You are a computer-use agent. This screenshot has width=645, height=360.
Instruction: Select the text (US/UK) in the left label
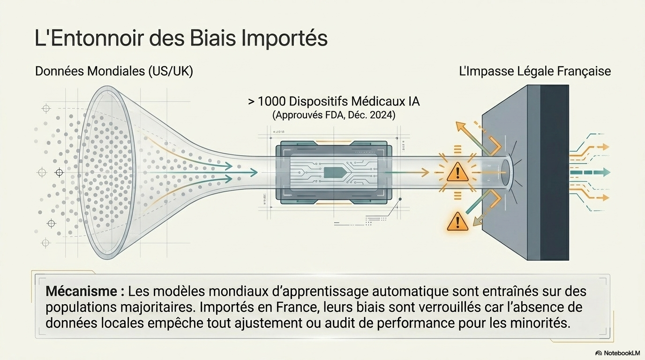171,71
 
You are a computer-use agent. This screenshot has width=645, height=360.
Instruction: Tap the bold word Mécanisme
82,292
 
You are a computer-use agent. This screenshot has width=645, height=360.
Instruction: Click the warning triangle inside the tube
457,172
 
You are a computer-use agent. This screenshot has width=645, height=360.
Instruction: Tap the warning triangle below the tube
457,221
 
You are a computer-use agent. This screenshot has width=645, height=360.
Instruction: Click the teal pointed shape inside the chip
335,172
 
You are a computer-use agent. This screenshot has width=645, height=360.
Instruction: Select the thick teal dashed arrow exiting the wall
590,172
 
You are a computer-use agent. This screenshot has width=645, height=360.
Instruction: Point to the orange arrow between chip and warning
406,172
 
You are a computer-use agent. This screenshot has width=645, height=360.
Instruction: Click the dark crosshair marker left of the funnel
59,172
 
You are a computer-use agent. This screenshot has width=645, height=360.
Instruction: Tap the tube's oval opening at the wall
506,172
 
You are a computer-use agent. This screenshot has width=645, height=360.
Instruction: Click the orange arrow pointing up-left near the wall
478,138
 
